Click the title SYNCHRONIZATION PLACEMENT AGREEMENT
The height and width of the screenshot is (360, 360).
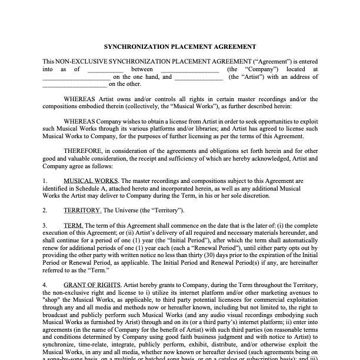pos(180,46)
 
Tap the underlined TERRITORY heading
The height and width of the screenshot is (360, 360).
pos(82,210)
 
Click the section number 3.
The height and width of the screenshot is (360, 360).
pos(45,225)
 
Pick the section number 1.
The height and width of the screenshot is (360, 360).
pos(45,181)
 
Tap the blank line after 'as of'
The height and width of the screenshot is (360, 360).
pos(105,69)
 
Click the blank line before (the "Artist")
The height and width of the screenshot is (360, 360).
pos(198,77)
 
